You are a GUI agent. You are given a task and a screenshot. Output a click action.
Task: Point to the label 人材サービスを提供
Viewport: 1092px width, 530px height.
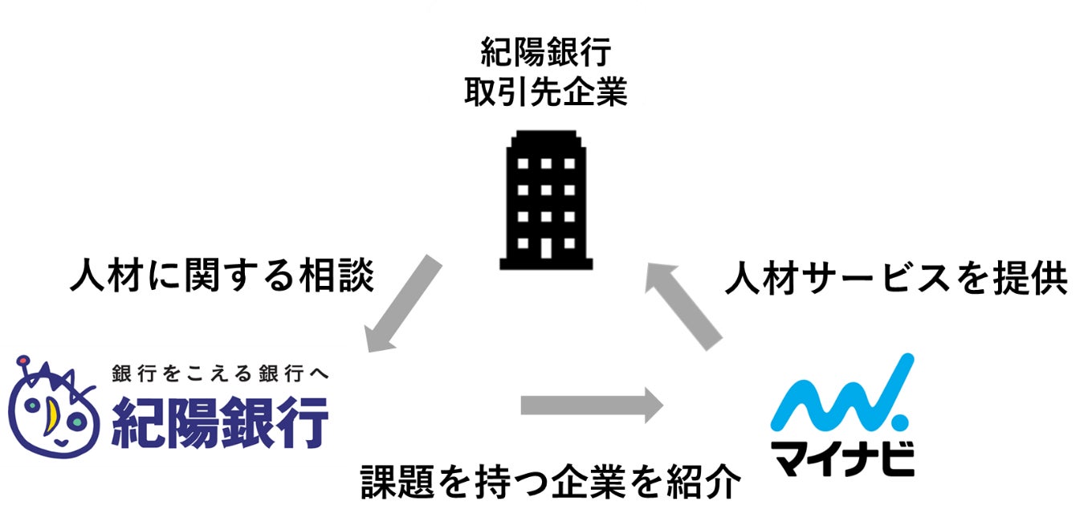pyautogui.click(x=895, y=280)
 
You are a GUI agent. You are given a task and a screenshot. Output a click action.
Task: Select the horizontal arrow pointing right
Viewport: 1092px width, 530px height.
pyautogui.click(x=591, y=405)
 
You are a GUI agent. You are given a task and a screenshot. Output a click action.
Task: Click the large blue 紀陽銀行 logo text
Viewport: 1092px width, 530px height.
pyautogui.click(x=220, y=422)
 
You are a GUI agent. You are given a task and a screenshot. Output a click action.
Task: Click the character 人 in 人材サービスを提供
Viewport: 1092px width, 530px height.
pyautogui.click(x=740, y=280)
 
